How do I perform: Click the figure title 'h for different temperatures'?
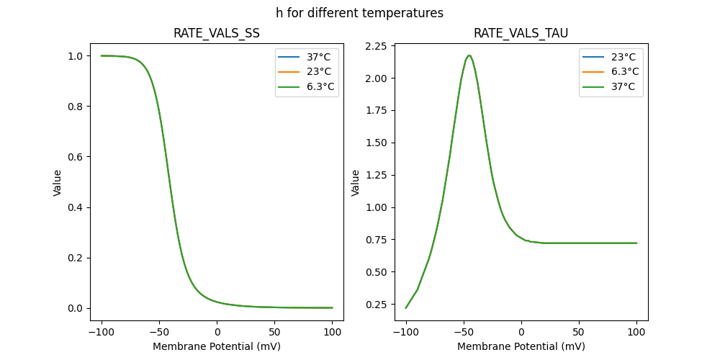(359, 13)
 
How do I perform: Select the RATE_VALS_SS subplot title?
(217, 33)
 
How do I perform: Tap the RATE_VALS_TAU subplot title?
(521, 33)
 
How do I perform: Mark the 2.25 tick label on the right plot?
(374, 46)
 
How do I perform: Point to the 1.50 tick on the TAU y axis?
(374, 143)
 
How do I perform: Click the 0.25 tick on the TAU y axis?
(374, 305)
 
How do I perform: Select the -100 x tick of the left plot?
(102, 332)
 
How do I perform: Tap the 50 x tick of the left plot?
(275, 332)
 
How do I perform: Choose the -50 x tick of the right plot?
(464, 332)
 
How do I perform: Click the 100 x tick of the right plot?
(636, 332)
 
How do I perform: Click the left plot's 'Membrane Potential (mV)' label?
(217, 346)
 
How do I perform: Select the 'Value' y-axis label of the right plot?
(356, 183)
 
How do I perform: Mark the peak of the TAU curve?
(469, 55)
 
